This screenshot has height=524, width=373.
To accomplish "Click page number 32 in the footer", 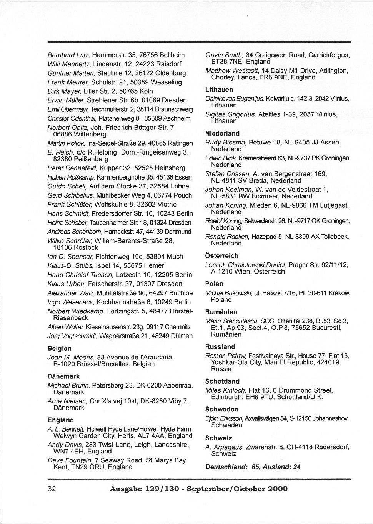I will [x=52, y=489].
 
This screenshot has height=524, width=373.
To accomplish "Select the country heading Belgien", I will [x=59, y=348].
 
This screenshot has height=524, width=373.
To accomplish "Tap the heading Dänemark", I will [x=63, y=376].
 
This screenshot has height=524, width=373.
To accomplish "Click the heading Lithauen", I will [x=219, y=90].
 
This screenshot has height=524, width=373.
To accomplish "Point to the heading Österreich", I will [x=222, y=256].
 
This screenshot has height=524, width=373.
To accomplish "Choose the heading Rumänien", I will [x=221, y=312].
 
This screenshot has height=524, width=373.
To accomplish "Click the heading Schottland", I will [x=222, y=381].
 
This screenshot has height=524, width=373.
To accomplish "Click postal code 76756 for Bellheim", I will [x=153, y=55].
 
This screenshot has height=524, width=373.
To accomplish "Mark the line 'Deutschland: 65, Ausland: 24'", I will [x=253, y=467].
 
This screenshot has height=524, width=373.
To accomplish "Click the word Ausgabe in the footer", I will [x=126, y=489].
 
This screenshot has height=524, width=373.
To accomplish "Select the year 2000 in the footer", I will [x=277, y=489].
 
